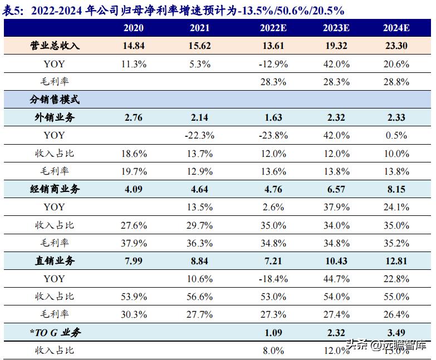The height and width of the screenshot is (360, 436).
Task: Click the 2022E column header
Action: tap(273, 28)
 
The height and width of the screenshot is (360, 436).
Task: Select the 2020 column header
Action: tap(134, 28)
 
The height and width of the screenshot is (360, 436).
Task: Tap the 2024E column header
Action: tap(396, 28)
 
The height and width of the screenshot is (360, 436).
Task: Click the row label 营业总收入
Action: tap(55, 46)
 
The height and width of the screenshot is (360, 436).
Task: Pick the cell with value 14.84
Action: tap(134, 46)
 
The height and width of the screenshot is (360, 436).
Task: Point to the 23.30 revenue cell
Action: tap(396, 46)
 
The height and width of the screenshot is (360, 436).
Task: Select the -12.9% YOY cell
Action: tap(273, 64)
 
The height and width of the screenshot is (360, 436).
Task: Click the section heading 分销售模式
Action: tap(55, 100)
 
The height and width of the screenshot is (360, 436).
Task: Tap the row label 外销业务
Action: tap(55, 117)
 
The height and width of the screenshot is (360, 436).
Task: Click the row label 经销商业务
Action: tap(55, 189)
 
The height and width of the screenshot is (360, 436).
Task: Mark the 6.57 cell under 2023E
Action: tap(336, 189)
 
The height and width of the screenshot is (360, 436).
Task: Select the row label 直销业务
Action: tap(55, 261)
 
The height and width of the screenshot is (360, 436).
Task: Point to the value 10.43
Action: tap(336, 261)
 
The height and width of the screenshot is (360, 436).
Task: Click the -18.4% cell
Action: tap(273, 279)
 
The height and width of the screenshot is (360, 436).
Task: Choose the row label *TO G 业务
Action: tap(55, 332)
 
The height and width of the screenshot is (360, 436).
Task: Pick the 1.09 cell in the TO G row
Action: tap(273, 332)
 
